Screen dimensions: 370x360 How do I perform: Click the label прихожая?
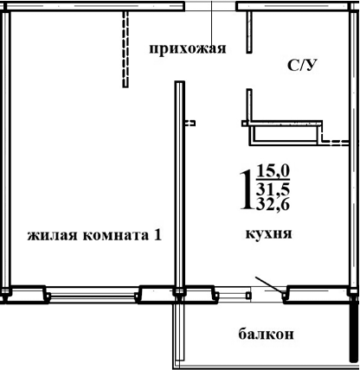pyautogui.click(x=187, y=48)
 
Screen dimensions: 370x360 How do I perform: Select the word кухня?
pyautogui.click(x=267, y=233)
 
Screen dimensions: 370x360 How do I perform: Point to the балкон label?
pyautogui.click(x=267, y=334)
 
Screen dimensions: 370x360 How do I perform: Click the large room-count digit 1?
pyautogui.click(x=246, y=187)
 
